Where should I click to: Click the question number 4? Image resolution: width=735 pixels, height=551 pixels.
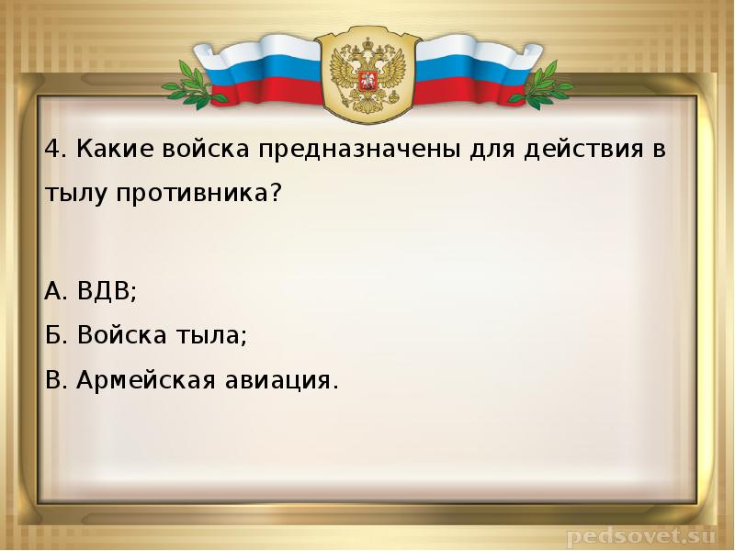click(51, 149)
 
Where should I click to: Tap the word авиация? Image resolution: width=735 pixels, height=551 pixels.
click(283, 379)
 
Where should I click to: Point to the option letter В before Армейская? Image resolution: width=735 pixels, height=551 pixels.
click(53, 379)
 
